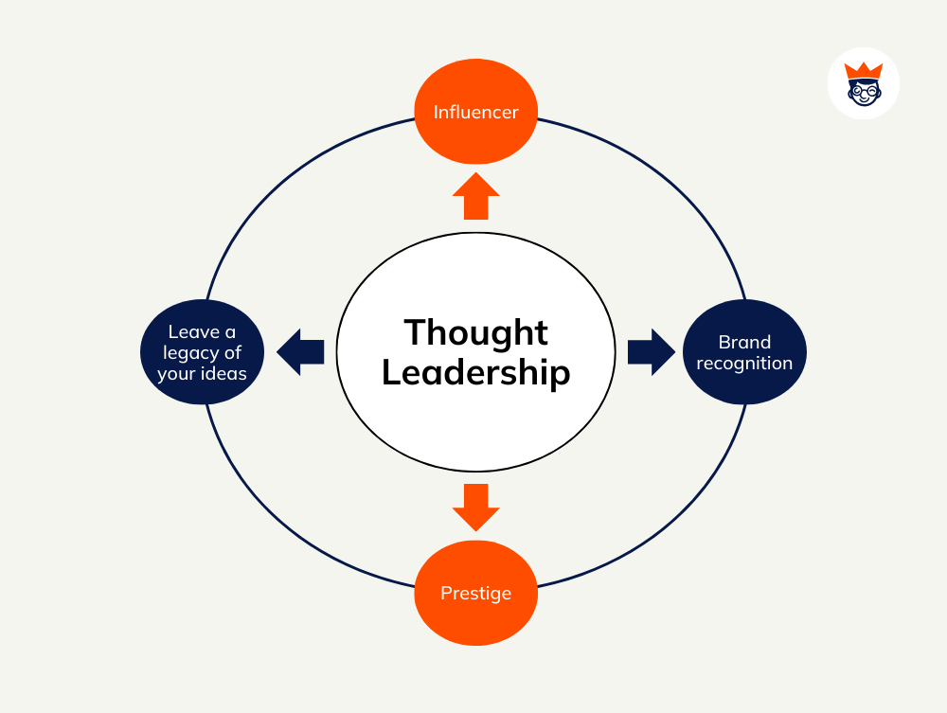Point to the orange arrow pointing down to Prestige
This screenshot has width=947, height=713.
pyautogui.click(x=475, y=508)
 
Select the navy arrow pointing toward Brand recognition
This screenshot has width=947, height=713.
pyautogui.click(x=651, y=352)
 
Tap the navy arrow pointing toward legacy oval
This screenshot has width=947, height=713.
pyautogui.click(x=300, y=352)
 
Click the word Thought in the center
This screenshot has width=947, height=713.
pyautogui.click(x=475, y=332)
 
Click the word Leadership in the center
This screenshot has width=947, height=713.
pyautogui.click(x=475, y=372)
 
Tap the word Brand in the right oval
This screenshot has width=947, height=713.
pyautogui.click(x=744, y=342)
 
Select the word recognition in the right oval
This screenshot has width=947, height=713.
pyautogui.click(x=744, y=363)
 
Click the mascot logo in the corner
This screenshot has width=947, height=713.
pyautogui.click(x=863, y=83)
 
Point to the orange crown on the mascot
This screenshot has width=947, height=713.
pyautogui.click(x=863, y=69)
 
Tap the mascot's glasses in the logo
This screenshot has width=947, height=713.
pyautogui.click(x=863, y=89)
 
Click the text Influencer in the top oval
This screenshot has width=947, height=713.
pyautogui.click(x=475, y=112)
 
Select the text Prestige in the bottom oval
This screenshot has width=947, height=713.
pyautogui.click(x=475, y=594)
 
